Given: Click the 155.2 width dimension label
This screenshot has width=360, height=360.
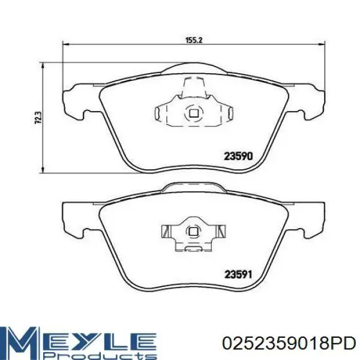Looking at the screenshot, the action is tap(194, 40).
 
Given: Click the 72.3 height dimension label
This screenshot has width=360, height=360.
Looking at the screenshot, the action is tap(38, 118).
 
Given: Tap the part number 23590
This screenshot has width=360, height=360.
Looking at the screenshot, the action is tap(238, 157).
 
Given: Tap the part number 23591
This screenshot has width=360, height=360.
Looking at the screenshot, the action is tap(238, 275).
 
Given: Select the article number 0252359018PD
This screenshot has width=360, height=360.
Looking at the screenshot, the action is tap(289, 343).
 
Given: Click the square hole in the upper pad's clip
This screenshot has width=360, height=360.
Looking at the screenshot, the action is tap(194, 113).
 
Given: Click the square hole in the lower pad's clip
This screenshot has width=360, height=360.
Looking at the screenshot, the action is tap(193, 232).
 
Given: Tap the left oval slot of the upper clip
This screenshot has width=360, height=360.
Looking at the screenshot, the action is tap(157, 113).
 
